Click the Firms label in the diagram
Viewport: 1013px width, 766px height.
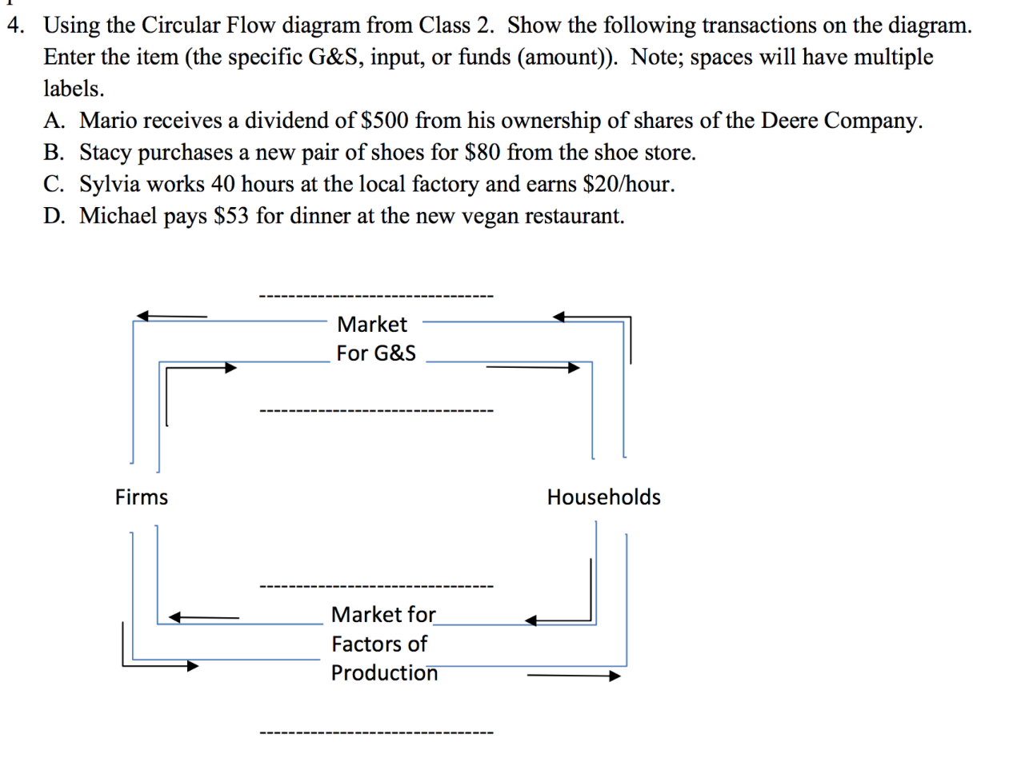142,497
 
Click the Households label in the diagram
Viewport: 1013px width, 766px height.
603,497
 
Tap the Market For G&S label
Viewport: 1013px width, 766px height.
375,338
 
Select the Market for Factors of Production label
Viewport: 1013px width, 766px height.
384,644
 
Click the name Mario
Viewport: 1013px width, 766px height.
108,121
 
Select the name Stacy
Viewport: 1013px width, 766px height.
106,153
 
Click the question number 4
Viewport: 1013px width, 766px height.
14,26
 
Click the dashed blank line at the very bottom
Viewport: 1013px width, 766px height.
376,732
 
